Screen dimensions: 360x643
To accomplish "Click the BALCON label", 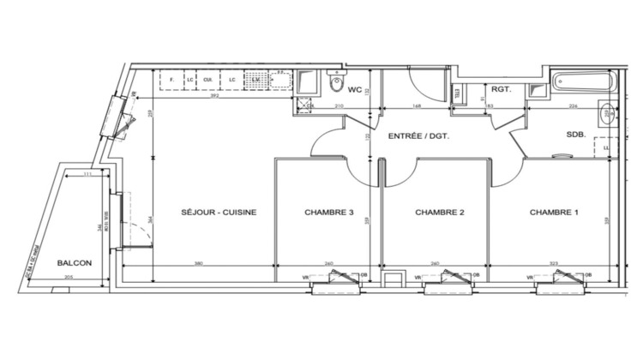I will click(75, 264).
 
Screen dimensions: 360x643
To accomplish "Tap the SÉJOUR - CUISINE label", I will click(219, 213).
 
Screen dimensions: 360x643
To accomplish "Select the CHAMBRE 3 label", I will click(329, 213).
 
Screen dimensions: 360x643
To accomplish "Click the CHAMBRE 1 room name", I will click(554, 213).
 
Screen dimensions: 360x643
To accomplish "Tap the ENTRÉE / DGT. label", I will click(419, 136).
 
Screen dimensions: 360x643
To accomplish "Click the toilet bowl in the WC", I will click(336, 84).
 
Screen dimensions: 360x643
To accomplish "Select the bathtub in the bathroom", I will click(582, 84).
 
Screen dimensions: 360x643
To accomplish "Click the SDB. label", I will click(575, 135).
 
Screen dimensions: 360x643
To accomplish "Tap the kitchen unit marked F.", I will click(172, 81).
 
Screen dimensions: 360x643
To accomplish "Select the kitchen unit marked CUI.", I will click(207, 81).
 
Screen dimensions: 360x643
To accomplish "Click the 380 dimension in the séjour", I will click(200, 264).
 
